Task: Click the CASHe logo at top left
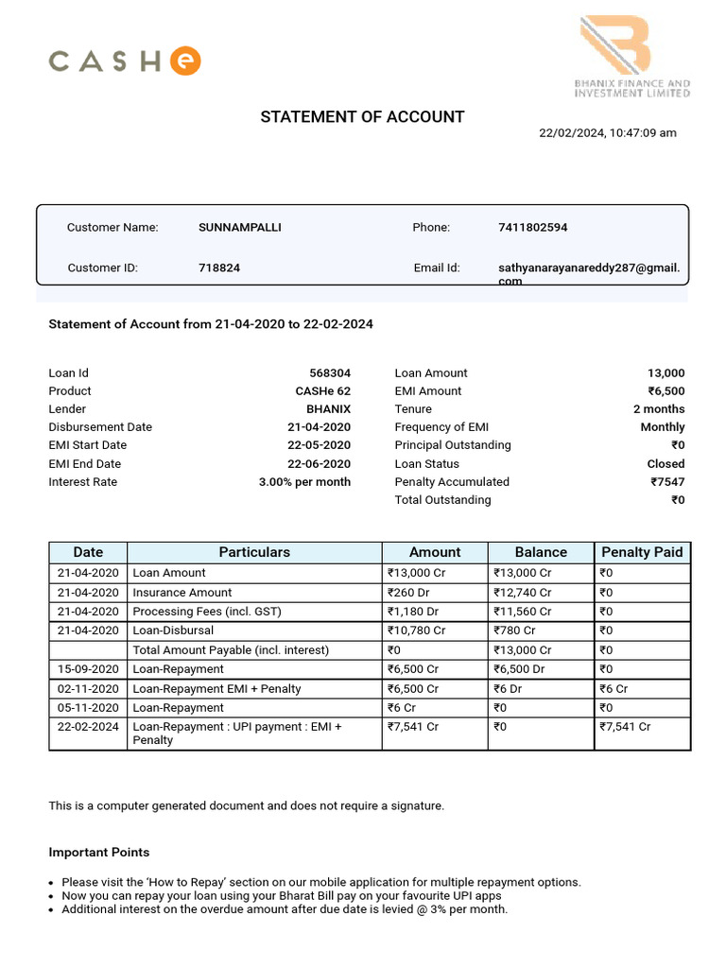124,62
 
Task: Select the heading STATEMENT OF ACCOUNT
362,117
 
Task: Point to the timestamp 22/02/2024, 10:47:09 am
608,133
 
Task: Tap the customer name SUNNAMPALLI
239,228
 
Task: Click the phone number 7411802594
532,228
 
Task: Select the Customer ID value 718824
219,268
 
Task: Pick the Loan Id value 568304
330,373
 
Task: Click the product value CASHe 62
322,391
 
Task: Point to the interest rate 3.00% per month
304,482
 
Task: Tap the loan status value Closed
665,464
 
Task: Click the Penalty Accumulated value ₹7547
667,482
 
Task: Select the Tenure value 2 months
659,409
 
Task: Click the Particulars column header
254,552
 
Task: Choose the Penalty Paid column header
642,552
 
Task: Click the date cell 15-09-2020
88,669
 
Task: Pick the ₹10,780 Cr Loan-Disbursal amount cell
416,631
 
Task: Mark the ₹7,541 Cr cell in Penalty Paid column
625,727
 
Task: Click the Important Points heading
99,853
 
